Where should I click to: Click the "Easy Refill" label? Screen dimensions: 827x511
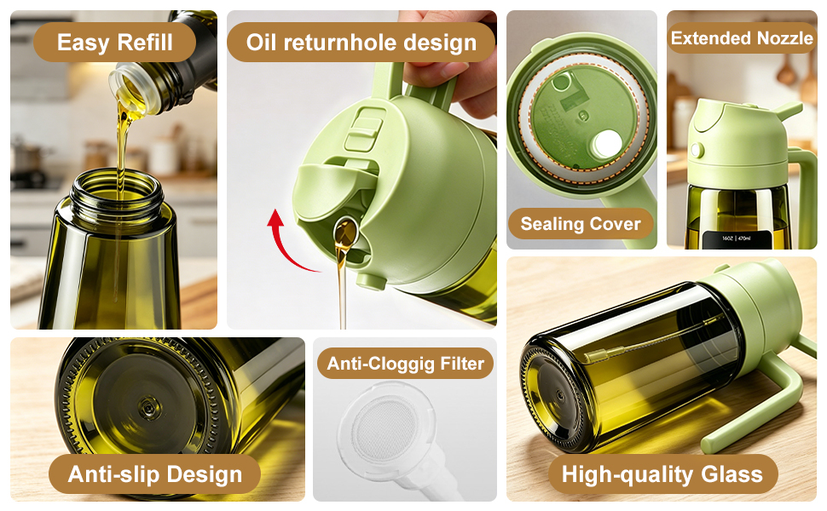point(114,42)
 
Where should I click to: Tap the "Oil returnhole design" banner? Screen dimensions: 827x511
point(361,42)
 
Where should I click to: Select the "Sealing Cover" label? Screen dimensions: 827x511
point(581,224)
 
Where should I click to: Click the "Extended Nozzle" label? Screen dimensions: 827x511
point(742,38)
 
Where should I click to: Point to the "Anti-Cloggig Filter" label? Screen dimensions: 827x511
point(405,364)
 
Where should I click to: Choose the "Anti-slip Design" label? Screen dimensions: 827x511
point(154,474)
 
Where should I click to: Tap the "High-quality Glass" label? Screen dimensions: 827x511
point(662,474)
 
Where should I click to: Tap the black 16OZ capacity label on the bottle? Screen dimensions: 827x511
point(737,239)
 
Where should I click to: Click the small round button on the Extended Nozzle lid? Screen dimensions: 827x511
point(697,151)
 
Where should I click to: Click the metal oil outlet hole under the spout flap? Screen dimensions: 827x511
point(345,233)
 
